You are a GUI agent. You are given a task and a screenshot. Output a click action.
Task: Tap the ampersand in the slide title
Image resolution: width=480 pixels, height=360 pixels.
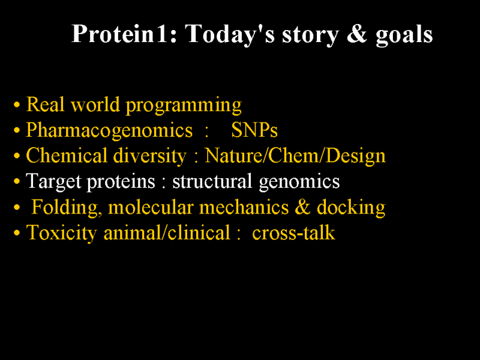(356, 34)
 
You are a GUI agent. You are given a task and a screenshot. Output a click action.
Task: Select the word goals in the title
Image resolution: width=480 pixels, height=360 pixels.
(404, 35)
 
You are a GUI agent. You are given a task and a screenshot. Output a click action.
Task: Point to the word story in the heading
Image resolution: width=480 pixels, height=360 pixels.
(310, 36)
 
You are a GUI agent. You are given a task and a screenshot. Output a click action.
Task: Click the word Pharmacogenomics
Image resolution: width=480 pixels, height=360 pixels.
(109, 131)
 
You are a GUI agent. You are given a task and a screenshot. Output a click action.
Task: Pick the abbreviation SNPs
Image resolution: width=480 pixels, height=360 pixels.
(254, 130)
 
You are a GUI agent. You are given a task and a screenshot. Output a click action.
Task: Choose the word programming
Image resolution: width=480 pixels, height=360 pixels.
(184, 106)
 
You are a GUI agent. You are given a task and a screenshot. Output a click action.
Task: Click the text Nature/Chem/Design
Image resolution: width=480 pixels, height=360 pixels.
(295, 156)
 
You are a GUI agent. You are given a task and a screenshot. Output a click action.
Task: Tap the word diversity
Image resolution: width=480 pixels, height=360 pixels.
(149, 156)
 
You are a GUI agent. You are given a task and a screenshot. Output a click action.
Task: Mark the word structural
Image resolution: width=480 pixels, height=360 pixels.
(212, 181)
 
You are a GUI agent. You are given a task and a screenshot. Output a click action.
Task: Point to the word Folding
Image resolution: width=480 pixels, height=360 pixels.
(67, 208)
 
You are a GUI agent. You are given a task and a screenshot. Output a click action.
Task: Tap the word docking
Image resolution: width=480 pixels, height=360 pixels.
(351, 208)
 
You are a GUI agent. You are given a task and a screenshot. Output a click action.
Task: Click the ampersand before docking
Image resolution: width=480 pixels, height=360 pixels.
(302, 207)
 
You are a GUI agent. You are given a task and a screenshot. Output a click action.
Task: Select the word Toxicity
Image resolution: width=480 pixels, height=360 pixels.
(62, 233)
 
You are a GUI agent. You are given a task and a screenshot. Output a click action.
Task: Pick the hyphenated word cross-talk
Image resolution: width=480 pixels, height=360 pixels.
(293, 233)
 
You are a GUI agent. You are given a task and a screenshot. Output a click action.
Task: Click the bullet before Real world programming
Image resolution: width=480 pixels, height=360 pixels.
(17, 105)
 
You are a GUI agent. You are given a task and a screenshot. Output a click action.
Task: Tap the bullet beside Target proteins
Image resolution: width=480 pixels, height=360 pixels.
(17, 182)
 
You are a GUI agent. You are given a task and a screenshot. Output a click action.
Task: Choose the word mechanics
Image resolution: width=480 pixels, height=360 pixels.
(244, 207)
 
